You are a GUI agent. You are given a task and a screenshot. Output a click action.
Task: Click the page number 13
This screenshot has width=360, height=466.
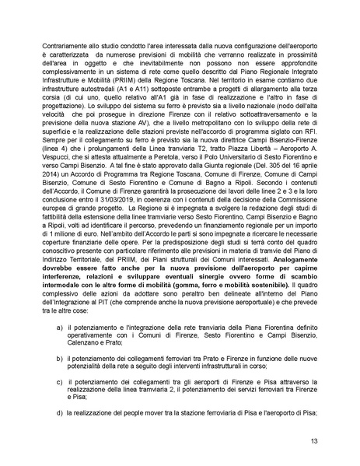pyautogui.click(x=313, y=441)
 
